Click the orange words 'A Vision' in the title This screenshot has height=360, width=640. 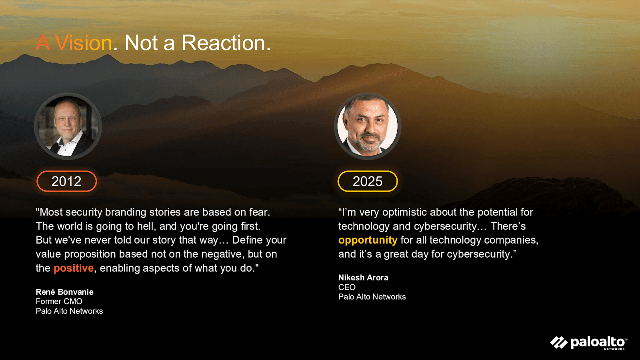(74, 43)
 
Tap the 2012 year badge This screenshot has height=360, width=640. (66, 181)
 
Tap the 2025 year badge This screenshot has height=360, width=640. (368, 181)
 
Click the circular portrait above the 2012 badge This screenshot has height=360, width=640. (68, 126)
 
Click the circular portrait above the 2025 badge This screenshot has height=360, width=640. (368, 126)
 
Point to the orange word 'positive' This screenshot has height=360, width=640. (74, 268)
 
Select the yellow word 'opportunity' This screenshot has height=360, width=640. (368, 240)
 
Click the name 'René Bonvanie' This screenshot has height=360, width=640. (64, 292)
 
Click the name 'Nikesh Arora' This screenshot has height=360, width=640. (363, 278)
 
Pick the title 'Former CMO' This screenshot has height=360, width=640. (59, 302)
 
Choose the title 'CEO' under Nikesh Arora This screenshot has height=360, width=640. (347, 287)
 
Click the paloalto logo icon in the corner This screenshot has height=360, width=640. (559, 342)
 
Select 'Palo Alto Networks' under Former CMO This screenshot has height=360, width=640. (69, 311)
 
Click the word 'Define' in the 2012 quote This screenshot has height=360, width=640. (244, 240)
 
